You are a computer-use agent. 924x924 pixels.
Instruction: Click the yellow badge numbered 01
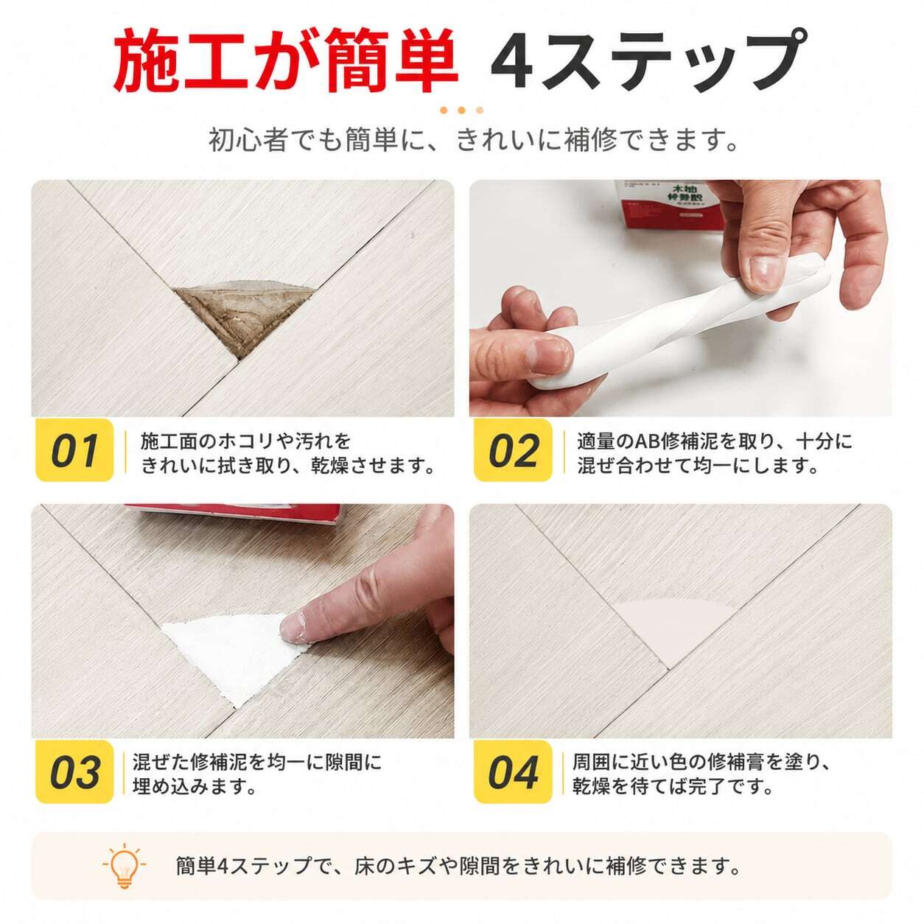click(74, 449)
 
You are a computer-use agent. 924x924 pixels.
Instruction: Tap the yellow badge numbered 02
click(513, 449)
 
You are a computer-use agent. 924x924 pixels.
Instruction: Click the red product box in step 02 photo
click(669, 206)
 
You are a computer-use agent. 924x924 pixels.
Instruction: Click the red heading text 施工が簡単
click(285, 61)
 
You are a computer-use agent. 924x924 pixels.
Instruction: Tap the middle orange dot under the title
click(461, 111)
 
